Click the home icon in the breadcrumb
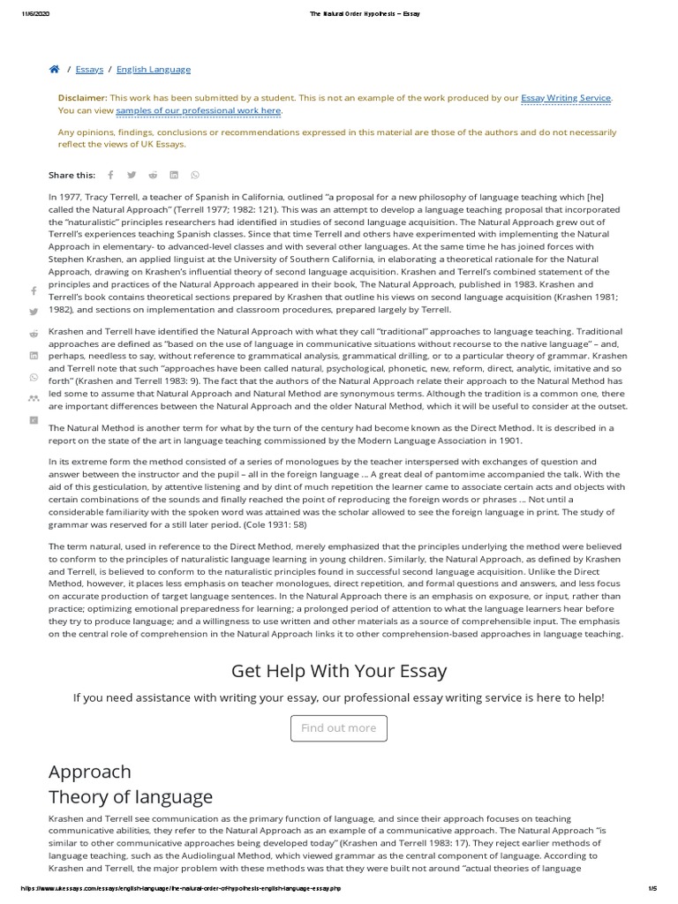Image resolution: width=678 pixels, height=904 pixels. (x=54, y=69)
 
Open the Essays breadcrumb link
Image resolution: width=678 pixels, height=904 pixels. (x=89, y=69)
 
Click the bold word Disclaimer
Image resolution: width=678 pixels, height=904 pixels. (x=82, y=99)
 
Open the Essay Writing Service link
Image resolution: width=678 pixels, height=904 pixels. (x=566, y=99)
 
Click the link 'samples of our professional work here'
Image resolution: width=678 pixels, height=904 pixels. (x=199, y=110)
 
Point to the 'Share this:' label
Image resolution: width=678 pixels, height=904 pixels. (x=72, y=175)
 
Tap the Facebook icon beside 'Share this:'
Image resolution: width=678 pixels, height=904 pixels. (x=110, y=175)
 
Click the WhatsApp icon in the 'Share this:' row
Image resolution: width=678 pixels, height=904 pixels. (x=195, y=175)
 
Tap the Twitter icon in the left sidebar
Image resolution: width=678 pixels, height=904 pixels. (x=34, y=312)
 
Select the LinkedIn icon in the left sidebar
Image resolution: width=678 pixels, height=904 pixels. (x=34, y=355)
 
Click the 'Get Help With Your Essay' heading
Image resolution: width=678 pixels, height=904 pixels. (x=339, y=671)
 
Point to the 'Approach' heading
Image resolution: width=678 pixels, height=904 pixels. (x=89, y=772)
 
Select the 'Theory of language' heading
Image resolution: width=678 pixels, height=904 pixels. (x=131, y=797)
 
